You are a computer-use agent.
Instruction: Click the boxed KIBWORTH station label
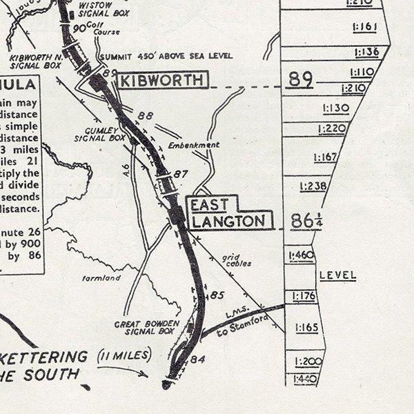pyautogui.click(x=161, y=81)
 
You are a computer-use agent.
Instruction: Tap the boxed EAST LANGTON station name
pyautogui.click(x=227, y=213)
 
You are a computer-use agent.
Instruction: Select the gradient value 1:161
pyautogui.click(x=368, y=28)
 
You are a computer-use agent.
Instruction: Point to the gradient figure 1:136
pyautogui.click(x=366, y=52)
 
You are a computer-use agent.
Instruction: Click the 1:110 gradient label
pyautogui.click(x=363, y=72)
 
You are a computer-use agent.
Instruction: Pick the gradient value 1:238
pyautogui.click(x=313, y=186)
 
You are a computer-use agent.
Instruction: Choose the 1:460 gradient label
pyautogui.click(x=303, y=256)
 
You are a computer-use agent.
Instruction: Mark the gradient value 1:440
pyautogui.click(x=305, y=379)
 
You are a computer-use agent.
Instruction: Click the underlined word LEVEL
pyautogui.click(x=337, y=275)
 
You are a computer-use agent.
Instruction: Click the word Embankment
pyautogui.click(x=194, y=146)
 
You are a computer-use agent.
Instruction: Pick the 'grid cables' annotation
pyautogui.click(x=237, y=259)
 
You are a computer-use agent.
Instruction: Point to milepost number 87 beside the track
pyautogui.click(x=180, y=174)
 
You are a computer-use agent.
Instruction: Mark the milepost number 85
pyautogui.click(x=217, y=296)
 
